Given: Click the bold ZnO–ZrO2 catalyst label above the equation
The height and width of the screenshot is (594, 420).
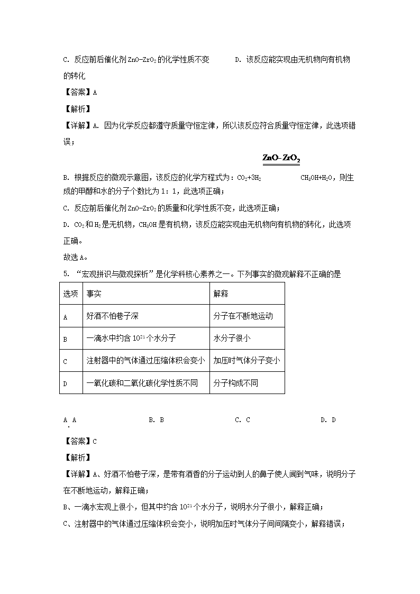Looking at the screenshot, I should pyautogui.click(x=281, y=159).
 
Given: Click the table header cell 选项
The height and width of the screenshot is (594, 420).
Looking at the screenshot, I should pyautogui.click(x=70, y=294).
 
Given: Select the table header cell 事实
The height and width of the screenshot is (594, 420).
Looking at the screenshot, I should pyautogui.click(x=94, y=294).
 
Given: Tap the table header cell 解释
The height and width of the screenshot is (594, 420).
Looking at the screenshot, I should pyautogui.click(x=221, y=294).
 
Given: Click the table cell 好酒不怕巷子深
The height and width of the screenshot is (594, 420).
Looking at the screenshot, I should pyautogui.click(x=112, y=316).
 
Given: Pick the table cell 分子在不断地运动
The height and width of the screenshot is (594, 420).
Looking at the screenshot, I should pyautogui.click(x=243, y=316).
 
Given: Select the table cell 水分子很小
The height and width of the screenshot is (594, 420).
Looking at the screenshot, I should pyautogui.click(x=232, y=339).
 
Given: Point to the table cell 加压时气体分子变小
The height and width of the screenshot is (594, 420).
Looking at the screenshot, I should pyautogui.click(x=246, y=361).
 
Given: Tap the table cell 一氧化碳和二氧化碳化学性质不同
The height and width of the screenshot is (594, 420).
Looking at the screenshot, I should pyautogui.click(x=142, y=383).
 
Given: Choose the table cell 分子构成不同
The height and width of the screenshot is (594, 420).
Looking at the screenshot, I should pyautogui.click(x=235, y=383).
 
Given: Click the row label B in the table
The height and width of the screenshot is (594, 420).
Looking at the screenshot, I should pyautogui.click(x=66, y=339).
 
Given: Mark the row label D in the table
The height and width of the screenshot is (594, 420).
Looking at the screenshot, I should pyautogui.click(x=66, y=383).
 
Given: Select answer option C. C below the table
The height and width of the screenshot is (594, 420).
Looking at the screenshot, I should pyautogui.click(x=242, y=420).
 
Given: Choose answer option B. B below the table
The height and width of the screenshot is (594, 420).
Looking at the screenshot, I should pyautogui.click(x=156, y=420).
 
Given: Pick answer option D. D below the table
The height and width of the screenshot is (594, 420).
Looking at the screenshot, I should pyautogui.click(x=328, y=420).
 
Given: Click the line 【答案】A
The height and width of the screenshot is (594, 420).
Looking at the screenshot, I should pyautogui.click(x=80, y=92).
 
